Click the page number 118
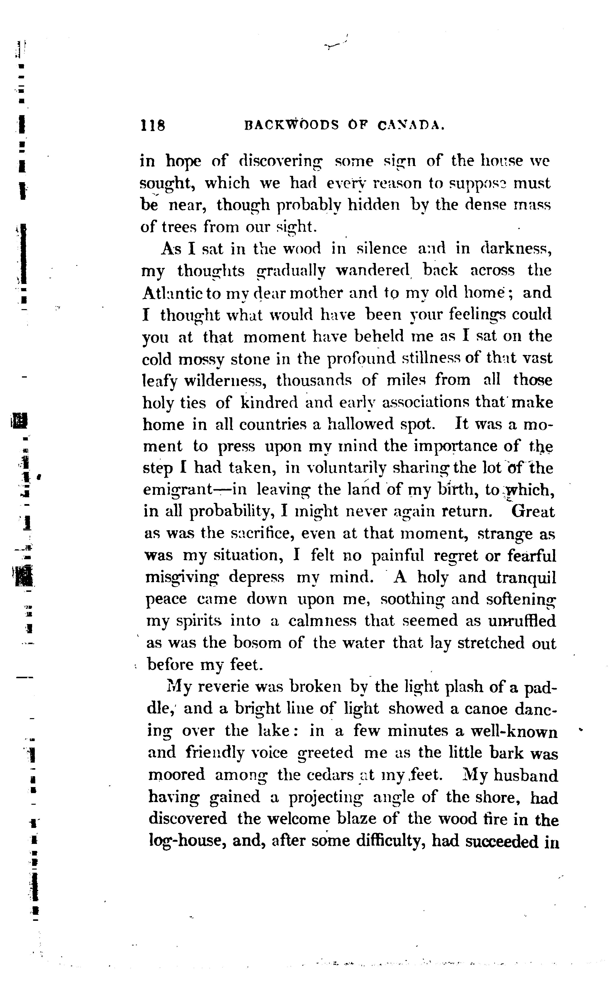pyautogui.click(x=153, y=125)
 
